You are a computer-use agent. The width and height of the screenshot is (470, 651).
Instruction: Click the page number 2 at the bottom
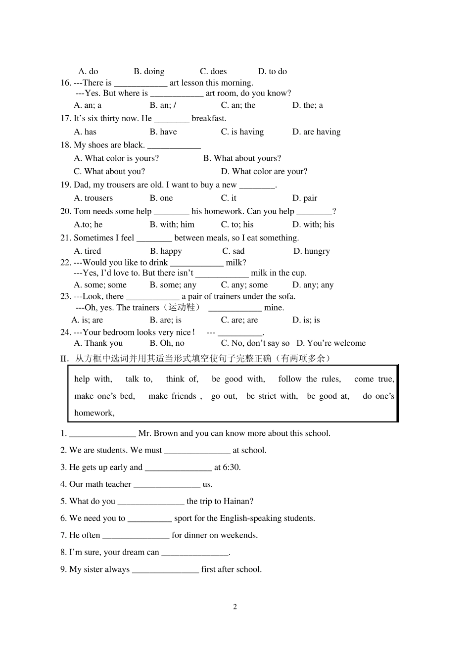coord(235,607)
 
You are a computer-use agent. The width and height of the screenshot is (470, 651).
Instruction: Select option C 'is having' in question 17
coord(242,132)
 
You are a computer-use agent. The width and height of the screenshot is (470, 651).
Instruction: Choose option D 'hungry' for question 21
coord(311,251)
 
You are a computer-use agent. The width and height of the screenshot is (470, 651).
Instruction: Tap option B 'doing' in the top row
coord(149,71)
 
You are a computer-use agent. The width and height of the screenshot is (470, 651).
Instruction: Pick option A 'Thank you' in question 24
coord(98,343)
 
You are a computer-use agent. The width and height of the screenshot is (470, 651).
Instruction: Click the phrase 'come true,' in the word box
coord(374,379)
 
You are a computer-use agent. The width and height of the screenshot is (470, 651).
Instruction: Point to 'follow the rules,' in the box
coord(310,379)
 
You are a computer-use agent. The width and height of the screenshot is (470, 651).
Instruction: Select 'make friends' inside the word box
coord(175,396)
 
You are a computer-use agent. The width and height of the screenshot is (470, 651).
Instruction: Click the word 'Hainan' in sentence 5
coord(236,501)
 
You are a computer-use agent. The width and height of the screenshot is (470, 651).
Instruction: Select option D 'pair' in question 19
coord(305,198)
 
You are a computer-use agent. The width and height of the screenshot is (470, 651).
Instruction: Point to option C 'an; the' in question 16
coord(238,105)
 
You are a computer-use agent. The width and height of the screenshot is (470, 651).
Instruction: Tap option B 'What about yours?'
coord(242,158)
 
